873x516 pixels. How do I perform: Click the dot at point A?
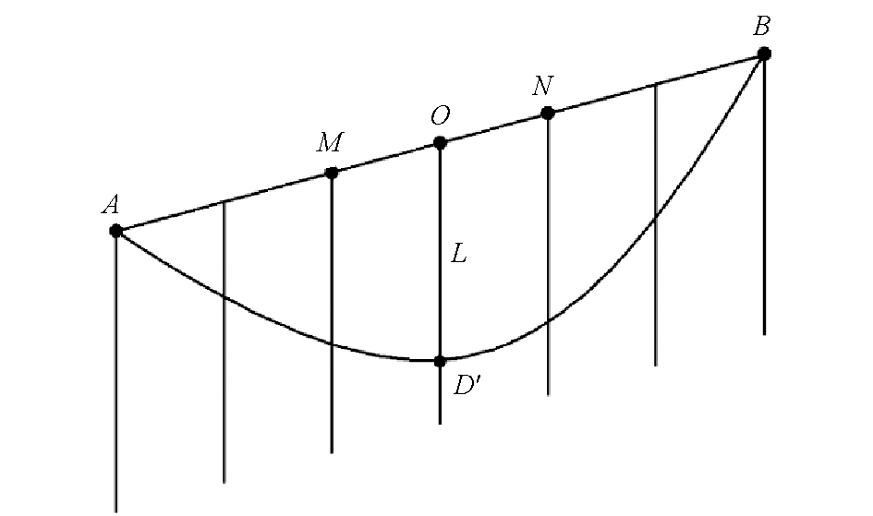tap(115, 230)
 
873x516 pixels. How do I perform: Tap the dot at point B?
tap(764, 54)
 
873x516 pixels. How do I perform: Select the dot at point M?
tap(332, 173)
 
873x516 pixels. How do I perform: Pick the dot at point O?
tap(440, 143)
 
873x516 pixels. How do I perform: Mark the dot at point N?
tap(548, 114)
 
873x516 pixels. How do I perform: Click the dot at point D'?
tap(440, 361)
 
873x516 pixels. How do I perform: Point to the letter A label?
tap(110, 205)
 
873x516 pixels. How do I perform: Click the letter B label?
tap(761, 26)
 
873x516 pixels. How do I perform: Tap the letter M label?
tap(330, 142)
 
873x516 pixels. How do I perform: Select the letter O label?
tap(440, 115)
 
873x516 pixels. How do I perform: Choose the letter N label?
tap(542, 86)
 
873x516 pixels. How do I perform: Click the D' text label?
tap(466, 385)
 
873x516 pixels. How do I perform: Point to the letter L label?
tap(458, 255)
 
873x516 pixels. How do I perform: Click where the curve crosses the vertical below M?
tap(332, 344)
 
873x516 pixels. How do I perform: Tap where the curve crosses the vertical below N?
tap(549, 321)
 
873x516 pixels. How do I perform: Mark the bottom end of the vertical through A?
tap(115, 511)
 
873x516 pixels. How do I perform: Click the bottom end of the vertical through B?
tap(764, 334)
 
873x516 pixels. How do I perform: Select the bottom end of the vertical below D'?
tap(440, 424)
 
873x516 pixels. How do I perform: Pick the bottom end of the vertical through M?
tap(332, 452)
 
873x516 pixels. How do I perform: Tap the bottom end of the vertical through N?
tap(549, 394)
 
